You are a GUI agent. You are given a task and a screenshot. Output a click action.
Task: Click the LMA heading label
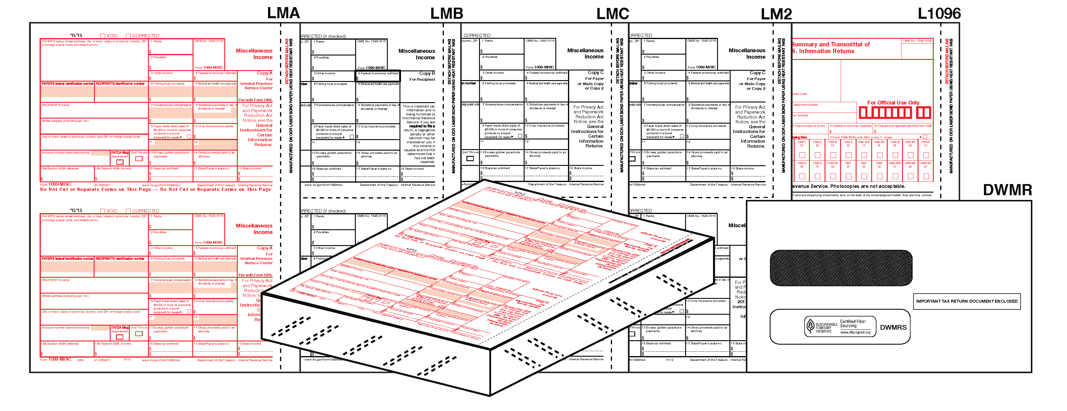[x=283, y=13]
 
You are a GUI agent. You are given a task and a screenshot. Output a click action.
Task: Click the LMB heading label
[x=446, y=14]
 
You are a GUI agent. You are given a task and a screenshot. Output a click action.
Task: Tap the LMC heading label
[x=613, y=14]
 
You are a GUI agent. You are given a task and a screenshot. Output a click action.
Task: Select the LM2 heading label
[x=776, y=14]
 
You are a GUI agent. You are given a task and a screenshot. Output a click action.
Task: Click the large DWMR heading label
[x=1007, y=190]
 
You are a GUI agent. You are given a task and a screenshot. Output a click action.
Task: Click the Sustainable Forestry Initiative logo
[x=811, y=326]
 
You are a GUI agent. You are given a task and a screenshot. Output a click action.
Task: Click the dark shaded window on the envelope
[x=841, y=268]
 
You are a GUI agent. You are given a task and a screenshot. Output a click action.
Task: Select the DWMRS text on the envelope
[x=893, y=327]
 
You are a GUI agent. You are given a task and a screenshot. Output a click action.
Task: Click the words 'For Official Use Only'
[x=893, y=103]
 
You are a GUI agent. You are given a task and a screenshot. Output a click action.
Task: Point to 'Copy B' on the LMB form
[x=427, y=73]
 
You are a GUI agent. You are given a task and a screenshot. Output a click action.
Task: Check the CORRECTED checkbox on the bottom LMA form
[x=128, y=211]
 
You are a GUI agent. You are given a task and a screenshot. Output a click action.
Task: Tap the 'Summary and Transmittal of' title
[x=830, y=44]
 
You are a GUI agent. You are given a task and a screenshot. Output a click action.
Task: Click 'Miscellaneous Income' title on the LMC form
[x=585, y=53]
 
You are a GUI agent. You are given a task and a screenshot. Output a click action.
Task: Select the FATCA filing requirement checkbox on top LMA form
[x=120, y=162]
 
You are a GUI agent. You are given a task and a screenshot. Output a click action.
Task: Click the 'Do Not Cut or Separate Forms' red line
[x=156, y=189]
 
